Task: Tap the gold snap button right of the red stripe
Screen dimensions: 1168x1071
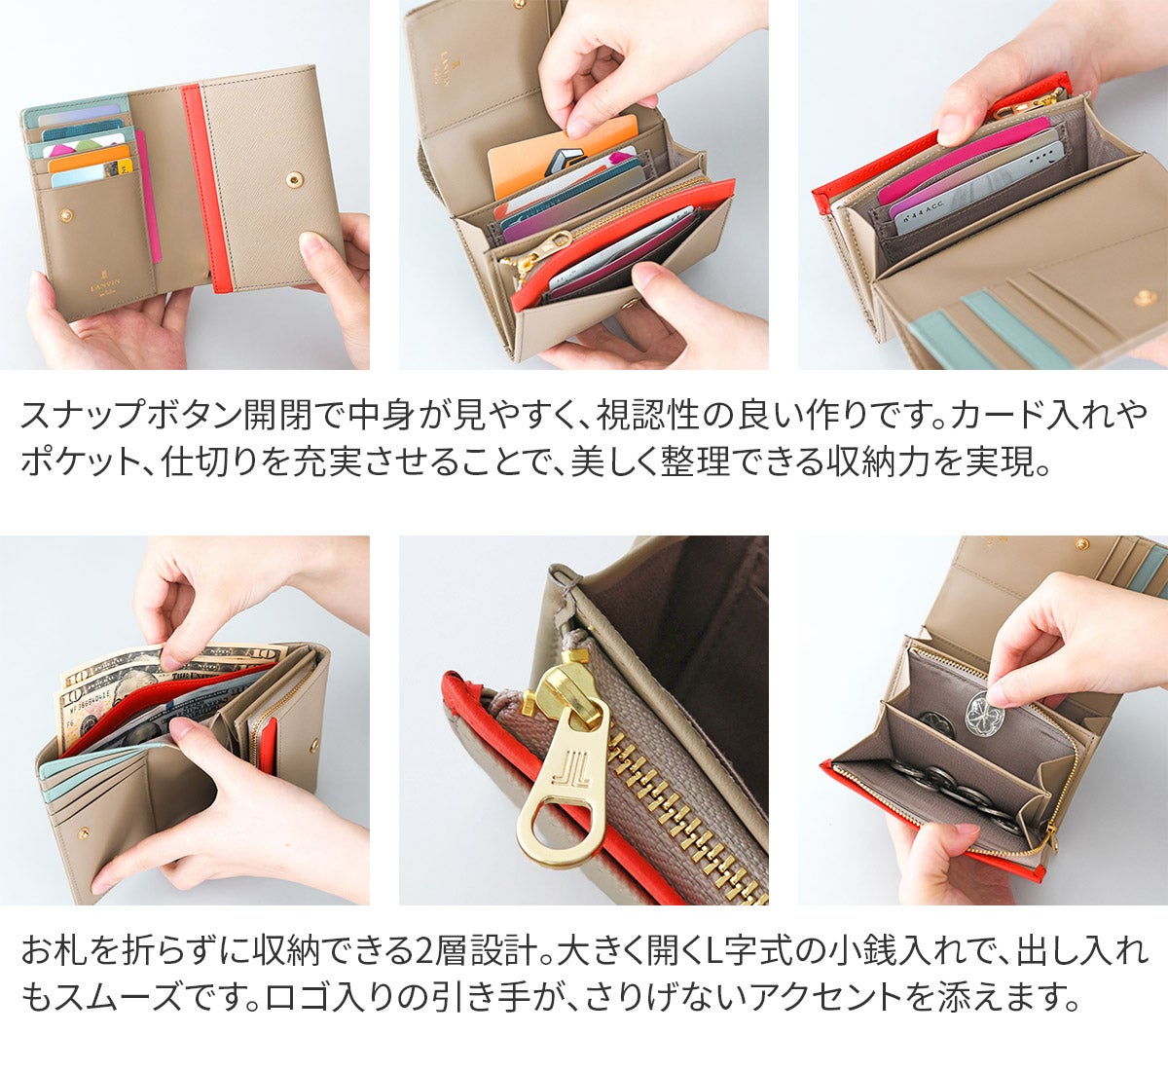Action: [294, 179]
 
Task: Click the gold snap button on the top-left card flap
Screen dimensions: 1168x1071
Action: [67, 215]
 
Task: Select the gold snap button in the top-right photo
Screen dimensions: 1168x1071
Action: [1143, 298]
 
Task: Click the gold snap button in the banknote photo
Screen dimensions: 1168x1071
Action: [315, 745]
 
